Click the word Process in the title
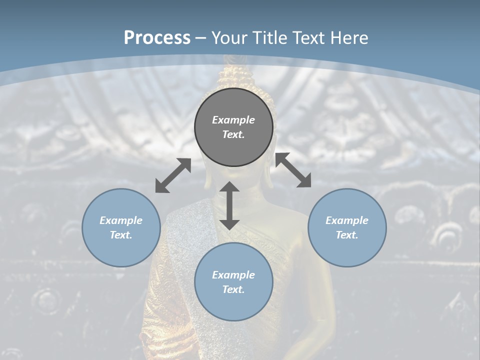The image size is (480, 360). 157,38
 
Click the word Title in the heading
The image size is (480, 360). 270,38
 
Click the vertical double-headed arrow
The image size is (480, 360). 229,206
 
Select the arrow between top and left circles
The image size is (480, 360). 173,175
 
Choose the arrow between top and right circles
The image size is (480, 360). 293,170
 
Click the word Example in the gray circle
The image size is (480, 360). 233,120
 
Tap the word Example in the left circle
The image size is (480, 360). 121,220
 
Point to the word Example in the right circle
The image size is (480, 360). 347,220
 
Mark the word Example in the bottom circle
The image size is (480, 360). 233,275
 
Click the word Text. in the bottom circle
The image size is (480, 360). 233,289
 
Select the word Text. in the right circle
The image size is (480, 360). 347,235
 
